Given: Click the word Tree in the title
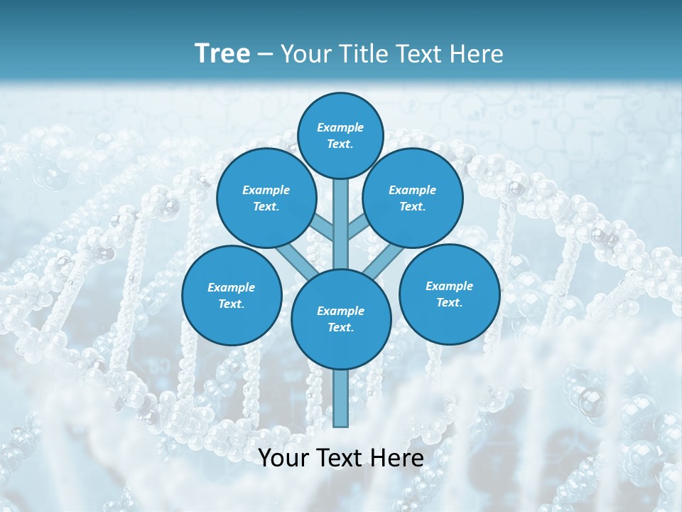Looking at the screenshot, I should click(222, 54).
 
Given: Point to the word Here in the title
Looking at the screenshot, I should click(477, 54).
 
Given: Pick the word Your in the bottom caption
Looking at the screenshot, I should click(283, 459).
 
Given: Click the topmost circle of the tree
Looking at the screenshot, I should click(340, 135).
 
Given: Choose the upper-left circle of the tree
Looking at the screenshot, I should click(266, 198).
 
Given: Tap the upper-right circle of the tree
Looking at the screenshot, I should click(413, 198).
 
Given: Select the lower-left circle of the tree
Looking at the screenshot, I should click(232, 295).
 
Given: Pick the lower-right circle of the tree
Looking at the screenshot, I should click(449, 294).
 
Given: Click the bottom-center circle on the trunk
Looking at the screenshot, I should click(341, 319).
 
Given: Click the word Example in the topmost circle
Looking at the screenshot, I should click(340, 128).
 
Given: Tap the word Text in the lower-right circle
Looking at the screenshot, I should click(449, 302).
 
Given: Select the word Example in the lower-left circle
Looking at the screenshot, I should click(232, 287).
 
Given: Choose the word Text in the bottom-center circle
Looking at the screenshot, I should click(340, 327).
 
